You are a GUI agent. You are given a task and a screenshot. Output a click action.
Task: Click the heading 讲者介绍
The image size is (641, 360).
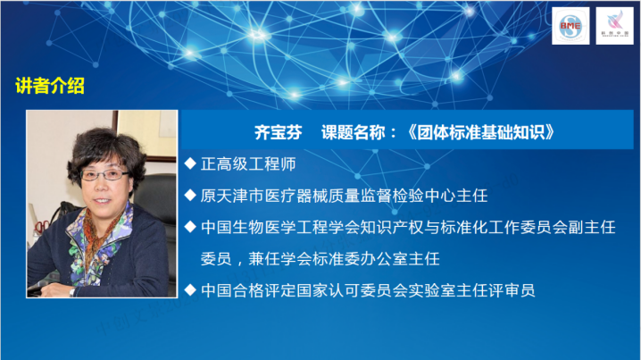tap(50, 87)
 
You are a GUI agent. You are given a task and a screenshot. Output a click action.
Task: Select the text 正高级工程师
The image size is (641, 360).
tap(242, 164)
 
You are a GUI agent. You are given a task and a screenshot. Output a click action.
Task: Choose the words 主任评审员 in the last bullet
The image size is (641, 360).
tap(495, 290)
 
